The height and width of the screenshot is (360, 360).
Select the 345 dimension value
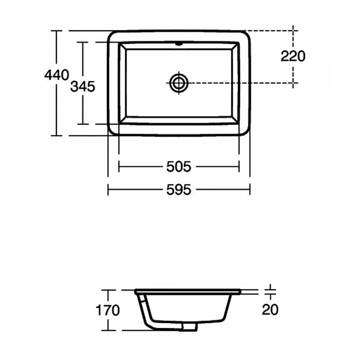click(83, 86)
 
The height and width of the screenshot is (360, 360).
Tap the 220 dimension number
click(292, 56)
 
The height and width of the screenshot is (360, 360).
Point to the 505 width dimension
click(179, 166)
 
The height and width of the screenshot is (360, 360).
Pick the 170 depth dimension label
click(107, 310)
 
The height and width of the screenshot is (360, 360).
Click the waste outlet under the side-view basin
click(190, 327)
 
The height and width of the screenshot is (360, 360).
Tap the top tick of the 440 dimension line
click(56, 30)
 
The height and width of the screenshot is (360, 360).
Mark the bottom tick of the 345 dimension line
click(83, 124)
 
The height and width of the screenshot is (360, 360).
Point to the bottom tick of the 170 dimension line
click(107, 331)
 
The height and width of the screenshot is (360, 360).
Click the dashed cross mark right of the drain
click(294, 83)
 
